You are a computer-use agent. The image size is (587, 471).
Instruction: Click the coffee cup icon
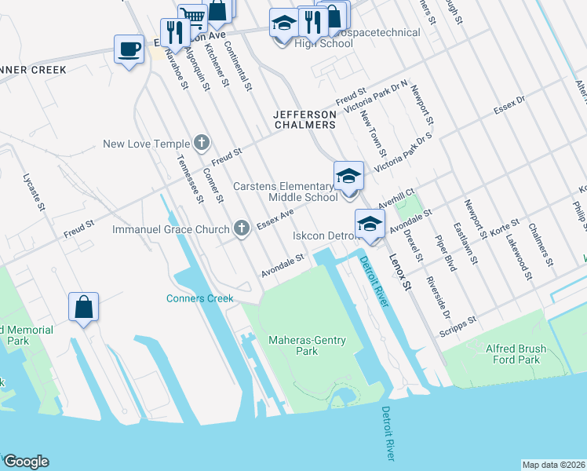tap(129, 49)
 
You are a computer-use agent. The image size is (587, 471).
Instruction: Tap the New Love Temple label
tap(147, 144)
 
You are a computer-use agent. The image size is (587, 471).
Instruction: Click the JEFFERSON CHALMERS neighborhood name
tap(304, 119)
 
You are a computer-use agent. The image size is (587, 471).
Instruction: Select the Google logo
tap(26, 462)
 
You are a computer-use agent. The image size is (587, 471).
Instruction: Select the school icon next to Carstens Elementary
tap(348, 176)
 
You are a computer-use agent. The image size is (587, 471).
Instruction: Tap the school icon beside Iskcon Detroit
tap(370, 224)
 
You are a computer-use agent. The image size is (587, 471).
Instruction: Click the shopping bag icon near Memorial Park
tap(83, 308)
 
